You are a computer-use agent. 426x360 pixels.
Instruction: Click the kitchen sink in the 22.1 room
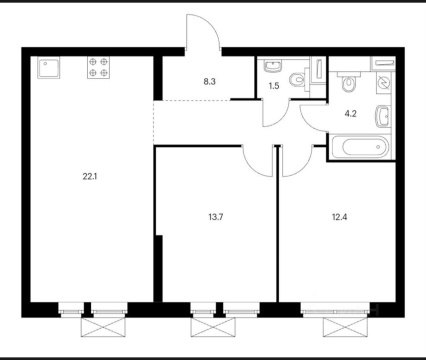(x=48, y=68)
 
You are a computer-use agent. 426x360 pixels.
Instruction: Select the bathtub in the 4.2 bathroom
(x=360, y=147)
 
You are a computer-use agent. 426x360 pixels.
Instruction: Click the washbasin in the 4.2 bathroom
(x=382, y=114)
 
